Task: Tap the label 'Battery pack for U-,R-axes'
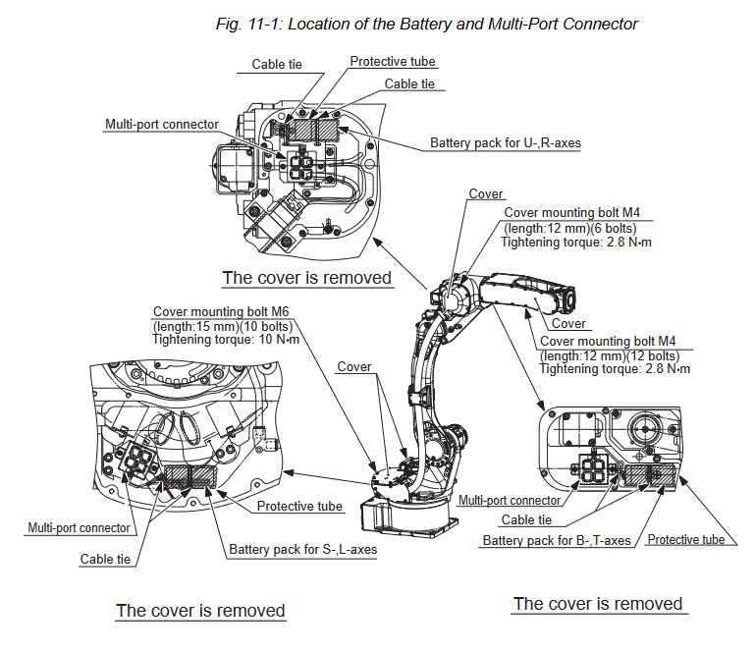pyautogui.click(x=505, y=143)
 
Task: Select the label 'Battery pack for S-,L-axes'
pyautogui.click(x=302, y=550)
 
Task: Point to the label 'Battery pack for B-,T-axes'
pyautogui.click(x=557, y=540)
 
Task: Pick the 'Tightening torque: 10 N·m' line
pyautogui.click(x=226, y=339)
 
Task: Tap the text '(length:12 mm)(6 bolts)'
pyautogui.click(x=570, y=228)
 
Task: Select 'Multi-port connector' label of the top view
pyautogui.click(x=162, y=125)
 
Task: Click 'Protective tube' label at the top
pyautogui.click(x=393, y=61)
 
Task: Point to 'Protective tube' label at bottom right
pyautogui.click(x=685, y=540)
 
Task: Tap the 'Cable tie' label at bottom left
pyautogui.click(x=105, y=560)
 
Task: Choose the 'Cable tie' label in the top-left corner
pyautogui.click(x=276, y=65)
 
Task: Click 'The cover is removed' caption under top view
pyautogui.click(x=307, y=278)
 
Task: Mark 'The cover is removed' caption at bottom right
pyautogui.click(x=598, y=603)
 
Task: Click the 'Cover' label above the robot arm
pyautogui.click(x=486, y=194)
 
